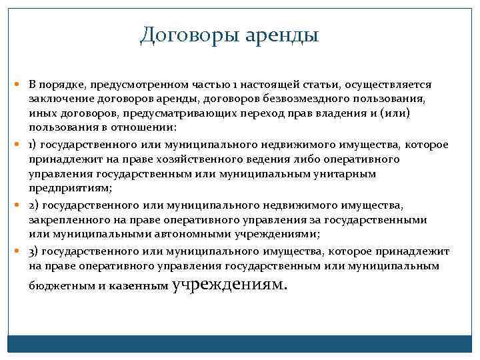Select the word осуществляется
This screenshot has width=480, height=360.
pyautogui.click(x=394, y=85)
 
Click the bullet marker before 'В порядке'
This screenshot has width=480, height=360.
pyautogui.click(x=21, y=85)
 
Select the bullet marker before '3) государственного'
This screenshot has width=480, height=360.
pyautogui.click(x=21, y=252)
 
